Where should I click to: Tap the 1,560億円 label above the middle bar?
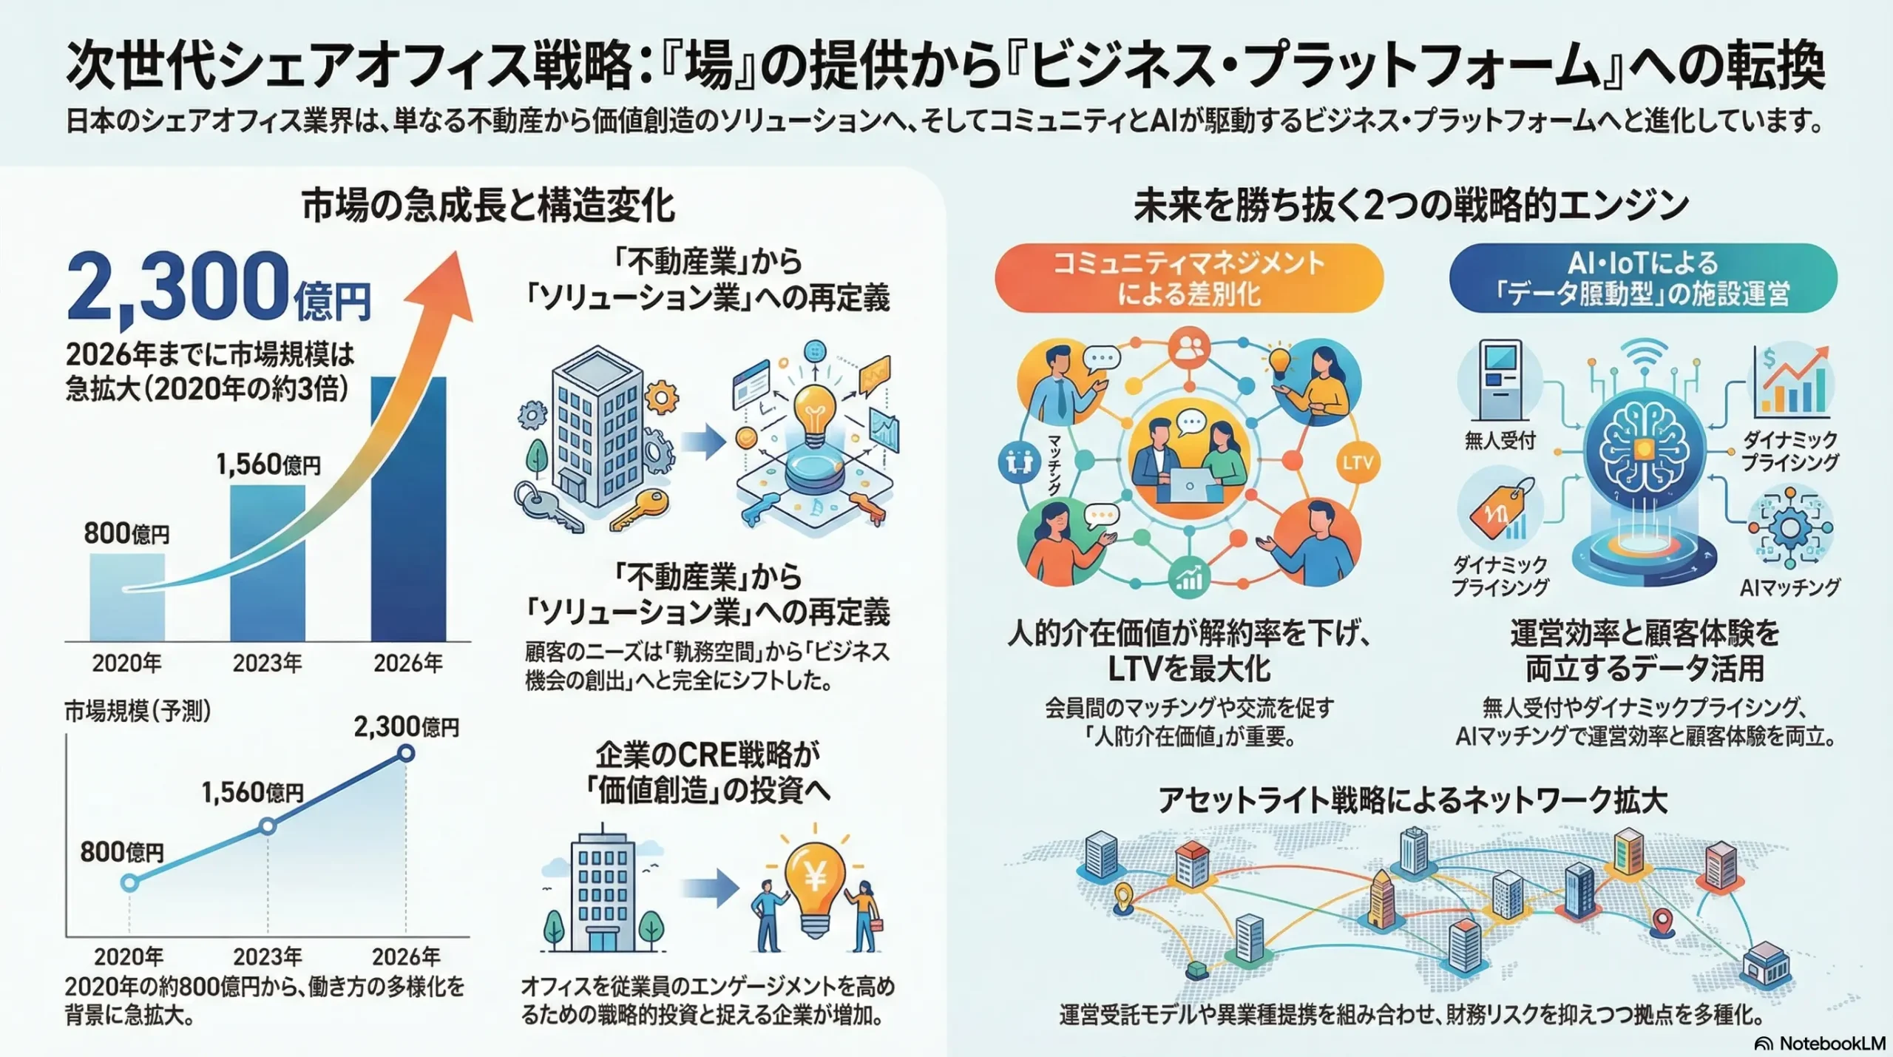pyautogui.click(x=268, y=465)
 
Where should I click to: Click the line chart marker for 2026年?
pyautogui.click(x=406, y=754)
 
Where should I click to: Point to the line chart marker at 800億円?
pyautogui.click(x=129, y=882)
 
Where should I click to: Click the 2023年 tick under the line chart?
pyautogui.click(x=268, y=956)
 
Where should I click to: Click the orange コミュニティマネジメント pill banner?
pyautogui.click(x=1188, y=278)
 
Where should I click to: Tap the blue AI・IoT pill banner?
pyautogui.click(x=1642, y=278)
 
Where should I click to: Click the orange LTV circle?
pyautogui.click(x=1358, y=463)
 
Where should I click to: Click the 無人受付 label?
pyautogui.click(x=1500, y=441)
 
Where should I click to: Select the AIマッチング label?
pyautogui.click(x=1789, y=587)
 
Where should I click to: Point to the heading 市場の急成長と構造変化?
pyautogui.click(x=488, y=206)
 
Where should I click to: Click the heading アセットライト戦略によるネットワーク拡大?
pyautogui.click(x=1412, y=800)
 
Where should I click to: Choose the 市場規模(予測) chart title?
pyautogui.click(x=138, y=712)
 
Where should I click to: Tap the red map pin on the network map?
pyautogui.click(x=1663, y=921)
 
